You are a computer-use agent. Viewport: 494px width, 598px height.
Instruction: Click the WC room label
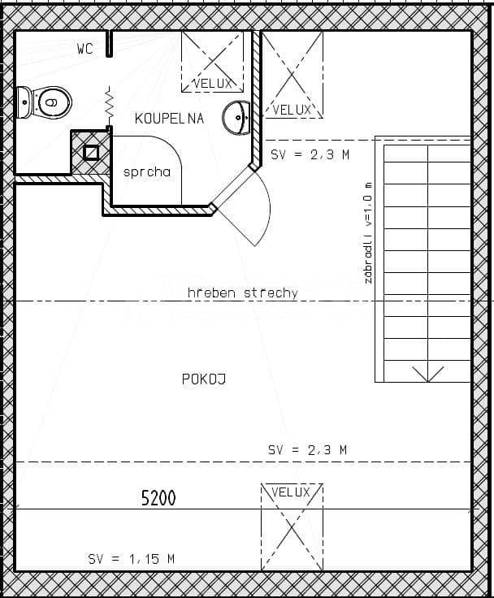pos(85,49)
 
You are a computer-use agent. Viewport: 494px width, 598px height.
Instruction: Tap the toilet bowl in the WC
pos(48,103)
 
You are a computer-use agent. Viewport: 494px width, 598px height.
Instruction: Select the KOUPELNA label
pos(169,119)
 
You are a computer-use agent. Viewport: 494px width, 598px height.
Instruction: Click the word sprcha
pos(147,172)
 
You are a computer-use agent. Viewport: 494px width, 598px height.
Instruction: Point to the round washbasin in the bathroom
pos(239,119)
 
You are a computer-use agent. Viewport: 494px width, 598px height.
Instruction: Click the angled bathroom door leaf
pos(234,188)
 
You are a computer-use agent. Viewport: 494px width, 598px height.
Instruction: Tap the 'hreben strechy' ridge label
pos(242,292)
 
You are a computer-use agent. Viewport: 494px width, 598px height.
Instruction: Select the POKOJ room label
pos(203,379)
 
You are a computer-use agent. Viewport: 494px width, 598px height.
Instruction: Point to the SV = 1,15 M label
pos(132,559)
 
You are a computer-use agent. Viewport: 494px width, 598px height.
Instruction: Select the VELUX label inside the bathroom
pos(214,83)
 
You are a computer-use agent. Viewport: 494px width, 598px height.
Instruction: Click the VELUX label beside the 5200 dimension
pos(291,492)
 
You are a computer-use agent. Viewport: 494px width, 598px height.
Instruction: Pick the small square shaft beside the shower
pos(91,152)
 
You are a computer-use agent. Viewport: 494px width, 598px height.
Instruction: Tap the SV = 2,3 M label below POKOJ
pos(307,449)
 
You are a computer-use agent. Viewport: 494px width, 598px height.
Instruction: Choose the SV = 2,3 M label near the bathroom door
pos(310,154)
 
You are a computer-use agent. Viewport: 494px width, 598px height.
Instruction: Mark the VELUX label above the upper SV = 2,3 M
pos(292,110)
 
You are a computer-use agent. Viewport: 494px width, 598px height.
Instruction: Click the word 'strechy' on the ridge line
pos(271,292)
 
